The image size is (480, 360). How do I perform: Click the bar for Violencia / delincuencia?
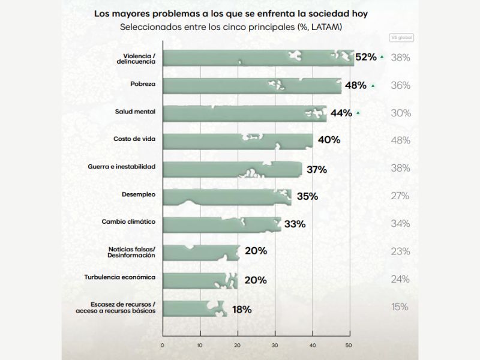click(258, 58)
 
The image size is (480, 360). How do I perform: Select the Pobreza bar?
click(252, 85)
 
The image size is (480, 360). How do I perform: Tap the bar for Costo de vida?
click(237, 140)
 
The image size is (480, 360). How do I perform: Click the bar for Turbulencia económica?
click(199, 280)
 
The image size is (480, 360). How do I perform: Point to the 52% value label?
click(365, 58)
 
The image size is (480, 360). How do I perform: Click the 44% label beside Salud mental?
click(341, 113)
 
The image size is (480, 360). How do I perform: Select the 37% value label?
click(316, 169)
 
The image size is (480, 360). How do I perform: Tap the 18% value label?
click(241, 310)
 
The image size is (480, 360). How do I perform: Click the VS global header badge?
click(402, 37)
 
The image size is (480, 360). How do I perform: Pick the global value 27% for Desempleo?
click(400, 196)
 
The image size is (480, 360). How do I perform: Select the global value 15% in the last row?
click(400, 307)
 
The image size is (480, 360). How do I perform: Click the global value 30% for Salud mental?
click(400, 113)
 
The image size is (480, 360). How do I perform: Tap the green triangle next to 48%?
click(373, 86)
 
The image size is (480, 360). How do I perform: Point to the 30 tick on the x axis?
click(275, 345)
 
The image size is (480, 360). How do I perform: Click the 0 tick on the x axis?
click(163, 345)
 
